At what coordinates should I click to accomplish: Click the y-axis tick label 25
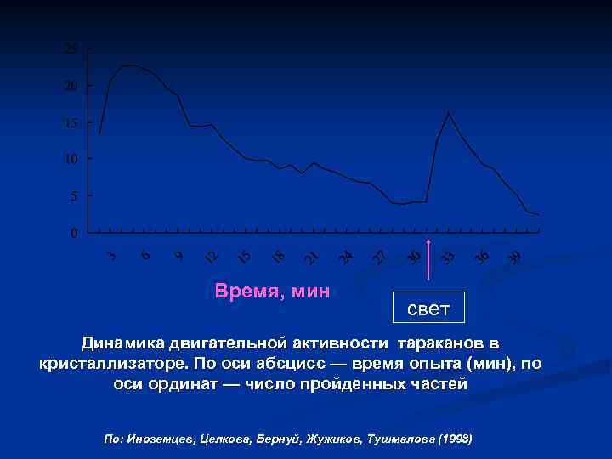(71, 49)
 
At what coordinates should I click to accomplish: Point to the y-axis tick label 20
(71, 86)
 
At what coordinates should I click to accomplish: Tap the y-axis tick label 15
(71, 122)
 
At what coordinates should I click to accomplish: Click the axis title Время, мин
(273, 292)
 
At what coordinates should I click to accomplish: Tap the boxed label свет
(428, 308)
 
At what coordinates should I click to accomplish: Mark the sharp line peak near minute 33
(448, 112)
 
